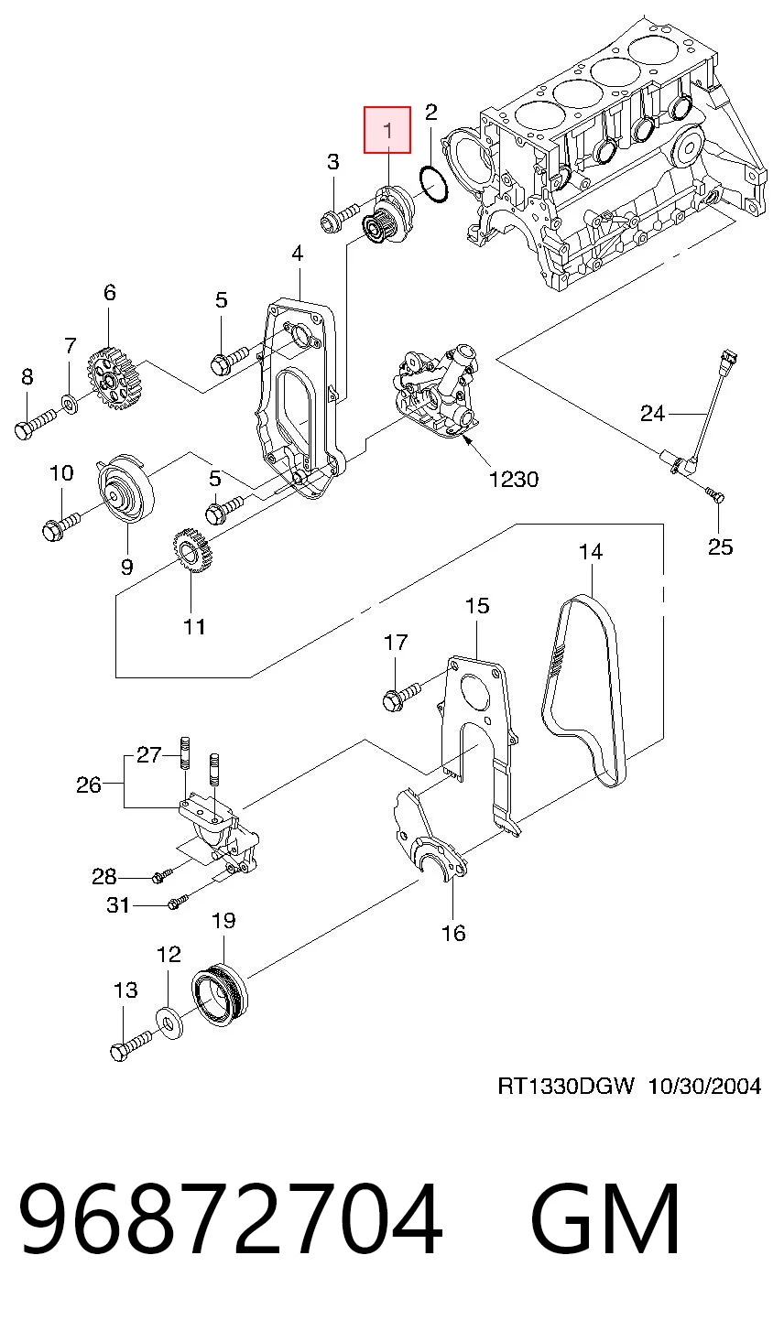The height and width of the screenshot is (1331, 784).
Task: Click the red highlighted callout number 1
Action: pos(387,130)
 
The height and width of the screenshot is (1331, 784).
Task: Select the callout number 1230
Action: pos(514,479)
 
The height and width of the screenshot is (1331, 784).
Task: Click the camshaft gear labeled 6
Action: pos(115,379)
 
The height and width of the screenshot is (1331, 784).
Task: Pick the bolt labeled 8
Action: pos(35,424)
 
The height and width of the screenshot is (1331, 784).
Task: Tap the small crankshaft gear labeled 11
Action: pos(191,552)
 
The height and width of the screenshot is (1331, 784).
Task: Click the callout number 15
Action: pos(476,606)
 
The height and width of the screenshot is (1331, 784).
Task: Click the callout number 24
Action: pos(651,413)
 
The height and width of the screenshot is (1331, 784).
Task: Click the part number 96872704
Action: pos(230,1217)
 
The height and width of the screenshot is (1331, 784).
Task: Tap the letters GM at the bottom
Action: pos(604,1217)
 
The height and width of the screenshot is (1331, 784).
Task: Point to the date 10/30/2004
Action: pos(703,1087)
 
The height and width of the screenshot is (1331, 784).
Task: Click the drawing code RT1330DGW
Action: pos(566,1087)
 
